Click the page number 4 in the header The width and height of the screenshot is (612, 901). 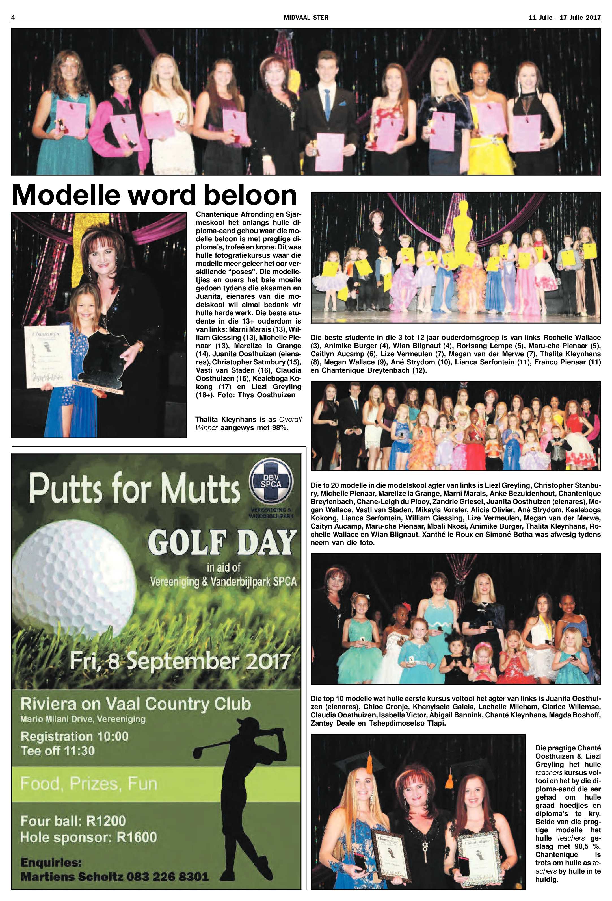[13, 18]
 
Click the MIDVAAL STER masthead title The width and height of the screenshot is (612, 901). [306, 18]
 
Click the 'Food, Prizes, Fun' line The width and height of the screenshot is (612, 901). [89, 784]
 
